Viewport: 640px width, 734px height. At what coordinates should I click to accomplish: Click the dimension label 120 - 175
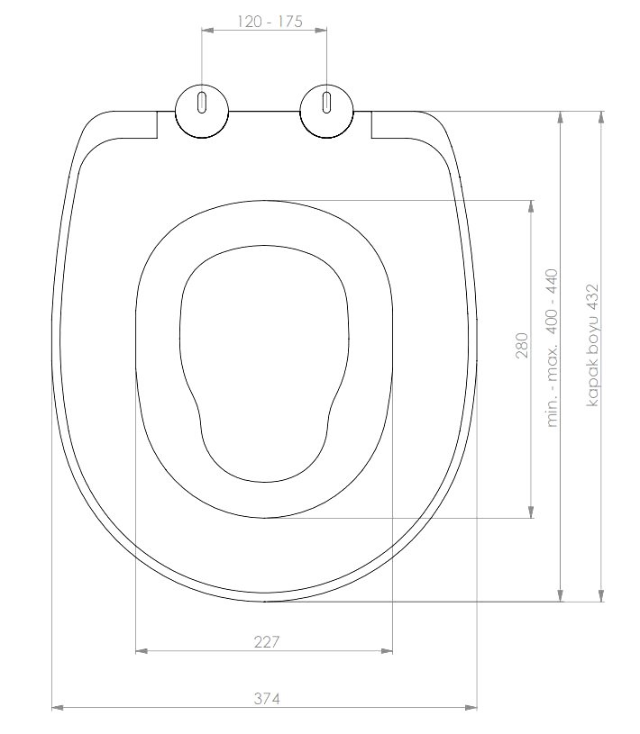coord(270,22)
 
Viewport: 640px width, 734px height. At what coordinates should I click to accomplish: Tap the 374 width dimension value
coord(267,698)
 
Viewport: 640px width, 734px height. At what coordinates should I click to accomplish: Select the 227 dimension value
coord(267,642)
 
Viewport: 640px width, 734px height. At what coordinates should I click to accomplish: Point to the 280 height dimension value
coord(522,346)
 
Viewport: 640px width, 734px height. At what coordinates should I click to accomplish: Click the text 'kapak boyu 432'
coord(593,346)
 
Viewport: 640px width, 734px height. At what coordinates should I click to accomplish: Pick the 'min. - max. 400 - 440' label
coord(553,348)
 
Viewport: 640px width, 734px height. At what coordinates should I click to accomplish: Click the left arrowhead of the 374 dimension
coord(57,707)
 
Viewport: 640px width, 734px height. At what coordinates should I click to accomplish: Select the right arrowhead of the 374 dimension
coord(471,707)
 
